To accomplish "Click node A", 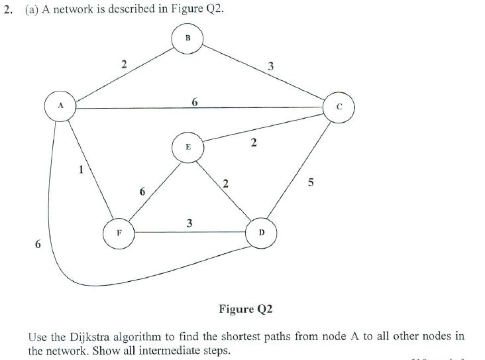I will point(60,105).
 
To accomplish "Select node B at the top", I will point(188,38).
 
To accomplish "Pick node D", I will point(261,233).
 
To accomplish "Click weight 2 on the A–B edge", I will point(123,65).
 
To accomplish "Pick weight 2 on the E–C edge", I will point(254,143).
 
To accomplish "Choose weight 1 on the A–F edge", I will point(81,170).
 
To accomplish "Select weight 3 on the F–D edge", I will point(189,223).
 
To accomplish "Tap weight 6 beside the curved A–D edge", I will point(38,245).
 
